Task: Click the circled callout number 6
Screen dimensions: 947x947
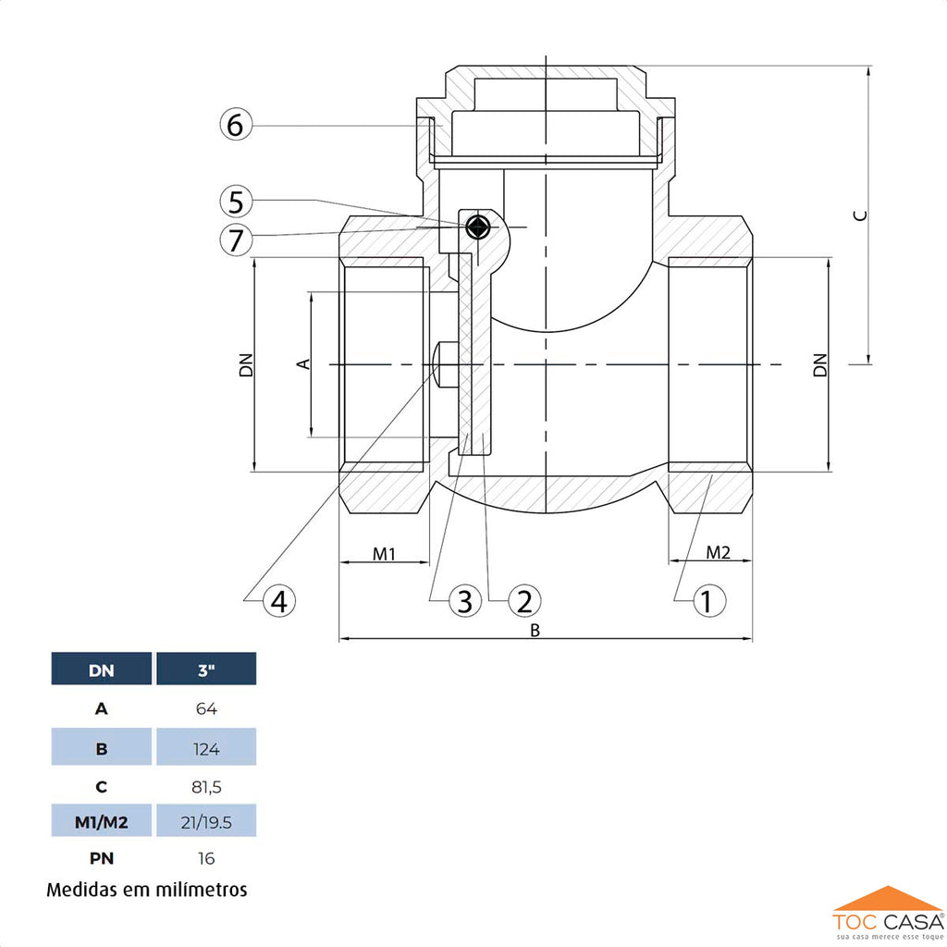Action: (236, 125)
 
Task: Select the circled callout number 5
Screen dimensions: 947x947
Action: (236, 201)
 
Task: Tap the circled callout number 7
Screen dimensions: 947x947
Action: (236, 240)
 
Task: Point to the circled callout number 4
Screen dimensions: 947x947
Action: (279, 601)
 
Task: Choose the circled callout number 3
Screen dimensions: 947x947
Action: (464, 601)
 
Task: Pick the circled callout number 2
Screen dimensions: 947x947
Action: (524, 601)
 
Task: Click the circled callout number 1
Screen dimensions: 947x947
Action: (709, 601)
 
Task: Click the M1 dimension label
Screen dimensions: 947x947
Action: (384, 554)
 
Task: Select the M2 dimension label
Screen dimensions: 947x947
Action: (718, 552)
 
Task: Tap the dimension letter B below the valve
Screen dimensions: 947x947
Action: (535, 631)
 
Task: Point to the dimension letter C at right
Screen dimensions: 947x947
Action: (861, 215)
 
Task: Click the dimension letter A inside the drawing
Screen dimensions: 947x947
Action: (303, 363)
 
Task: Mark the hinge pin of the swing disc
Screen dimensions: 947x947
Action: (478, 228)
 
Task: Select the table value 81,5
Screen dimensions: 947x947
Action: (206, 787)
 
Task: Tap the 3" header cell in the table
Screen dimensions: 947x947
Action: (206, 669)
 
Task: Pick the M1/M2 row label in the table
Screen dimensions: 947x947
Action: (102, 821)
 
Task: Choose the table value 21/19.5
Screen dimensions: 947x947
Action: (206, 822)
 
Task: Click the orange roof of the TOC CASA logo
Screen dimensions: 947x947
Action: (887, 898)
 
